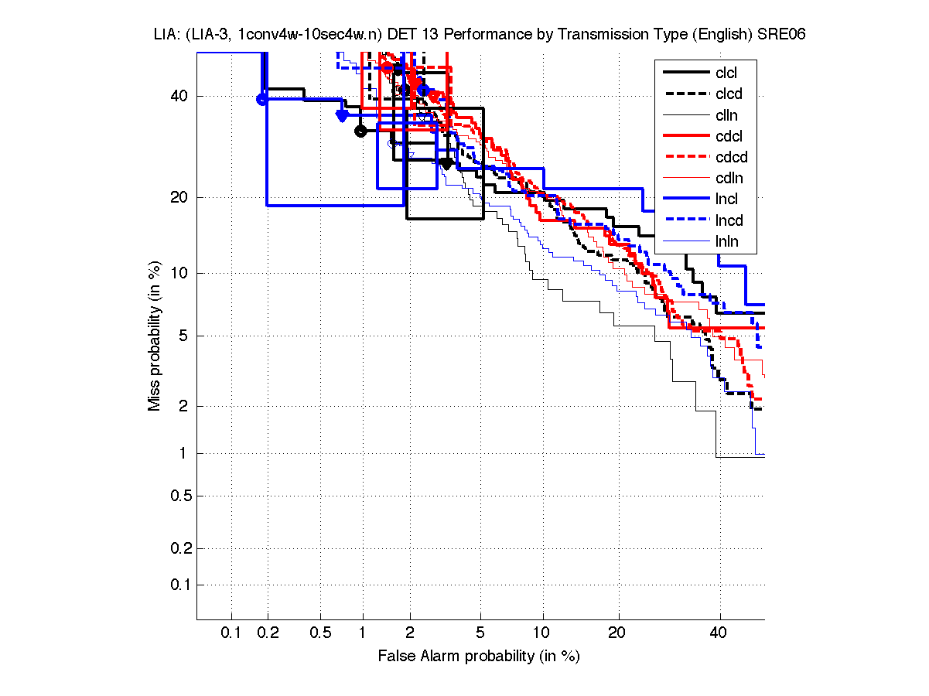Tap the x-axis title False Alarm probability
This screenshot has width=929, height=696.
coord(479,657)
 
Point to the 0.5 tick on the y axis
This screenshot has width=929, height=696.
coord(183,496)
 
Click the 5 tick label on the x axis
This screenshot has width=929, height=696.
coord(480,633)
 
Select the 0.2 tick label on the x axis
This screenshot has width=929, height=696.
coord(268,633)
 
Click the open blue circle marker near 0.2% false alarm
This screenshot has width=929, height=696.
coord(262,99)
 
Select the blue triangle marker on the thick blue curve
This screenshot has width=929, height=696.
coord(342,115)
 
